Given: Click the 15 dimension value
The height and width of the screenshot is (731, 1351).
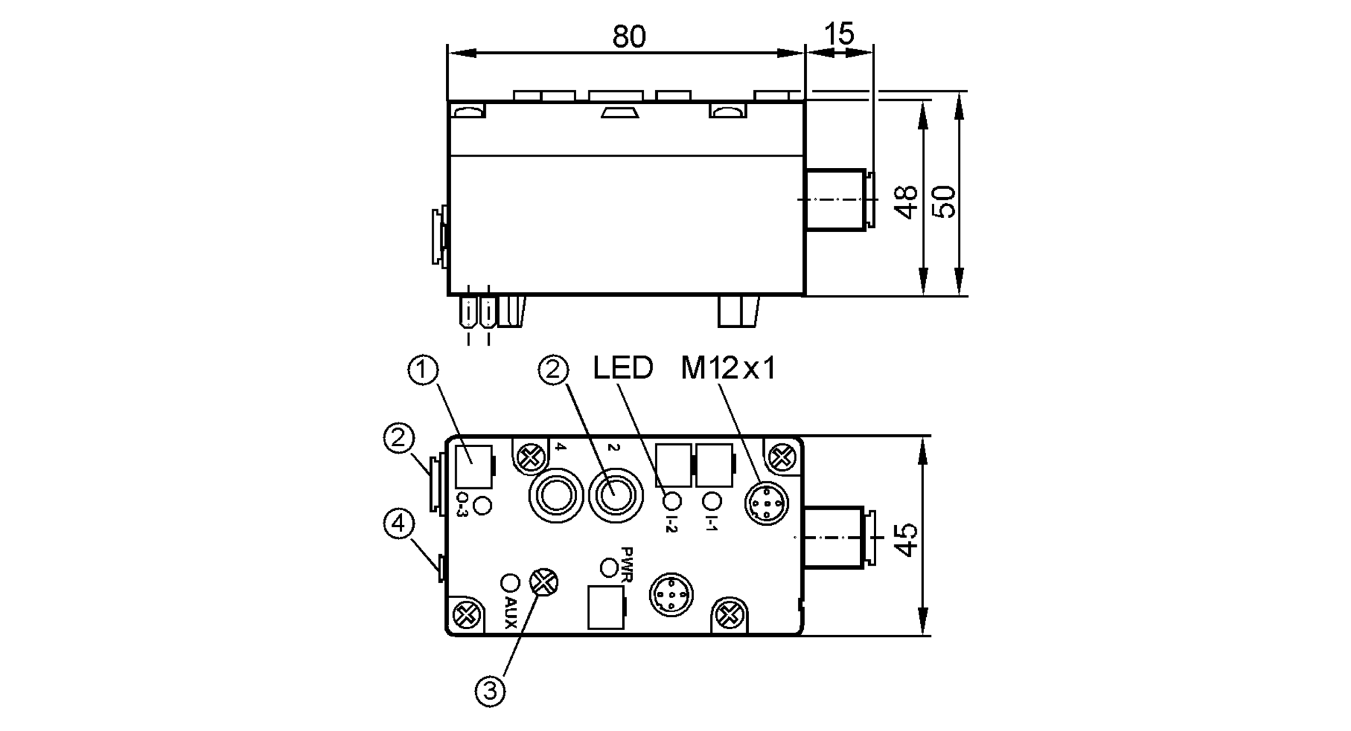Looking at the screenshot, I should pyautogui.click(x=840, y=34).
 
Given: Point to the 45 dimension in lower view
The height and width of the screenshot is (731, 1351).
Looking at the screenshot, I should pyautogui.click(x=907, y=538).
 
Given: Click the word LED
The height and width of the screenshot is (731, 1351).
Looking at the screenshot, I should pyautogui.click(x=623, y=369).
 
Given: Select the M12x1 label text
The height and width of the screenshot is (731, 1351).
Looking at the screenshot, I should pyautogui.click(x=728, y=369).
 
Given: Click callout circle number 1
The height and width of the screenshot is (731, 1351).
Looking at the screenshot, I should pyautogui.click(x=424, y=371).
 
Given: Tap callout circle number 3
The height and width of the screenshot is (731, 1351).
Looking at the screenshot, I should pyautogui.click(x=490, y=691).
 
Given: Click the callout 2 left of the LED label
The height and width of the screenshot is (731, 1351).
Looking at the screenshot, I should pyautogui.click(x=553, y=371).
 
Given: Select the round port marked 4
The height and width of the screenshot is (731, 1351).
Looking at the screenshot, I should pyautogui.click(x=555, y=496).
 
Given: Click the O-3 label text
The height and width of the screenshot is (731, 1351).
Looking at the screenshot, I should pyautogui.click(x=463, y=506).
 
